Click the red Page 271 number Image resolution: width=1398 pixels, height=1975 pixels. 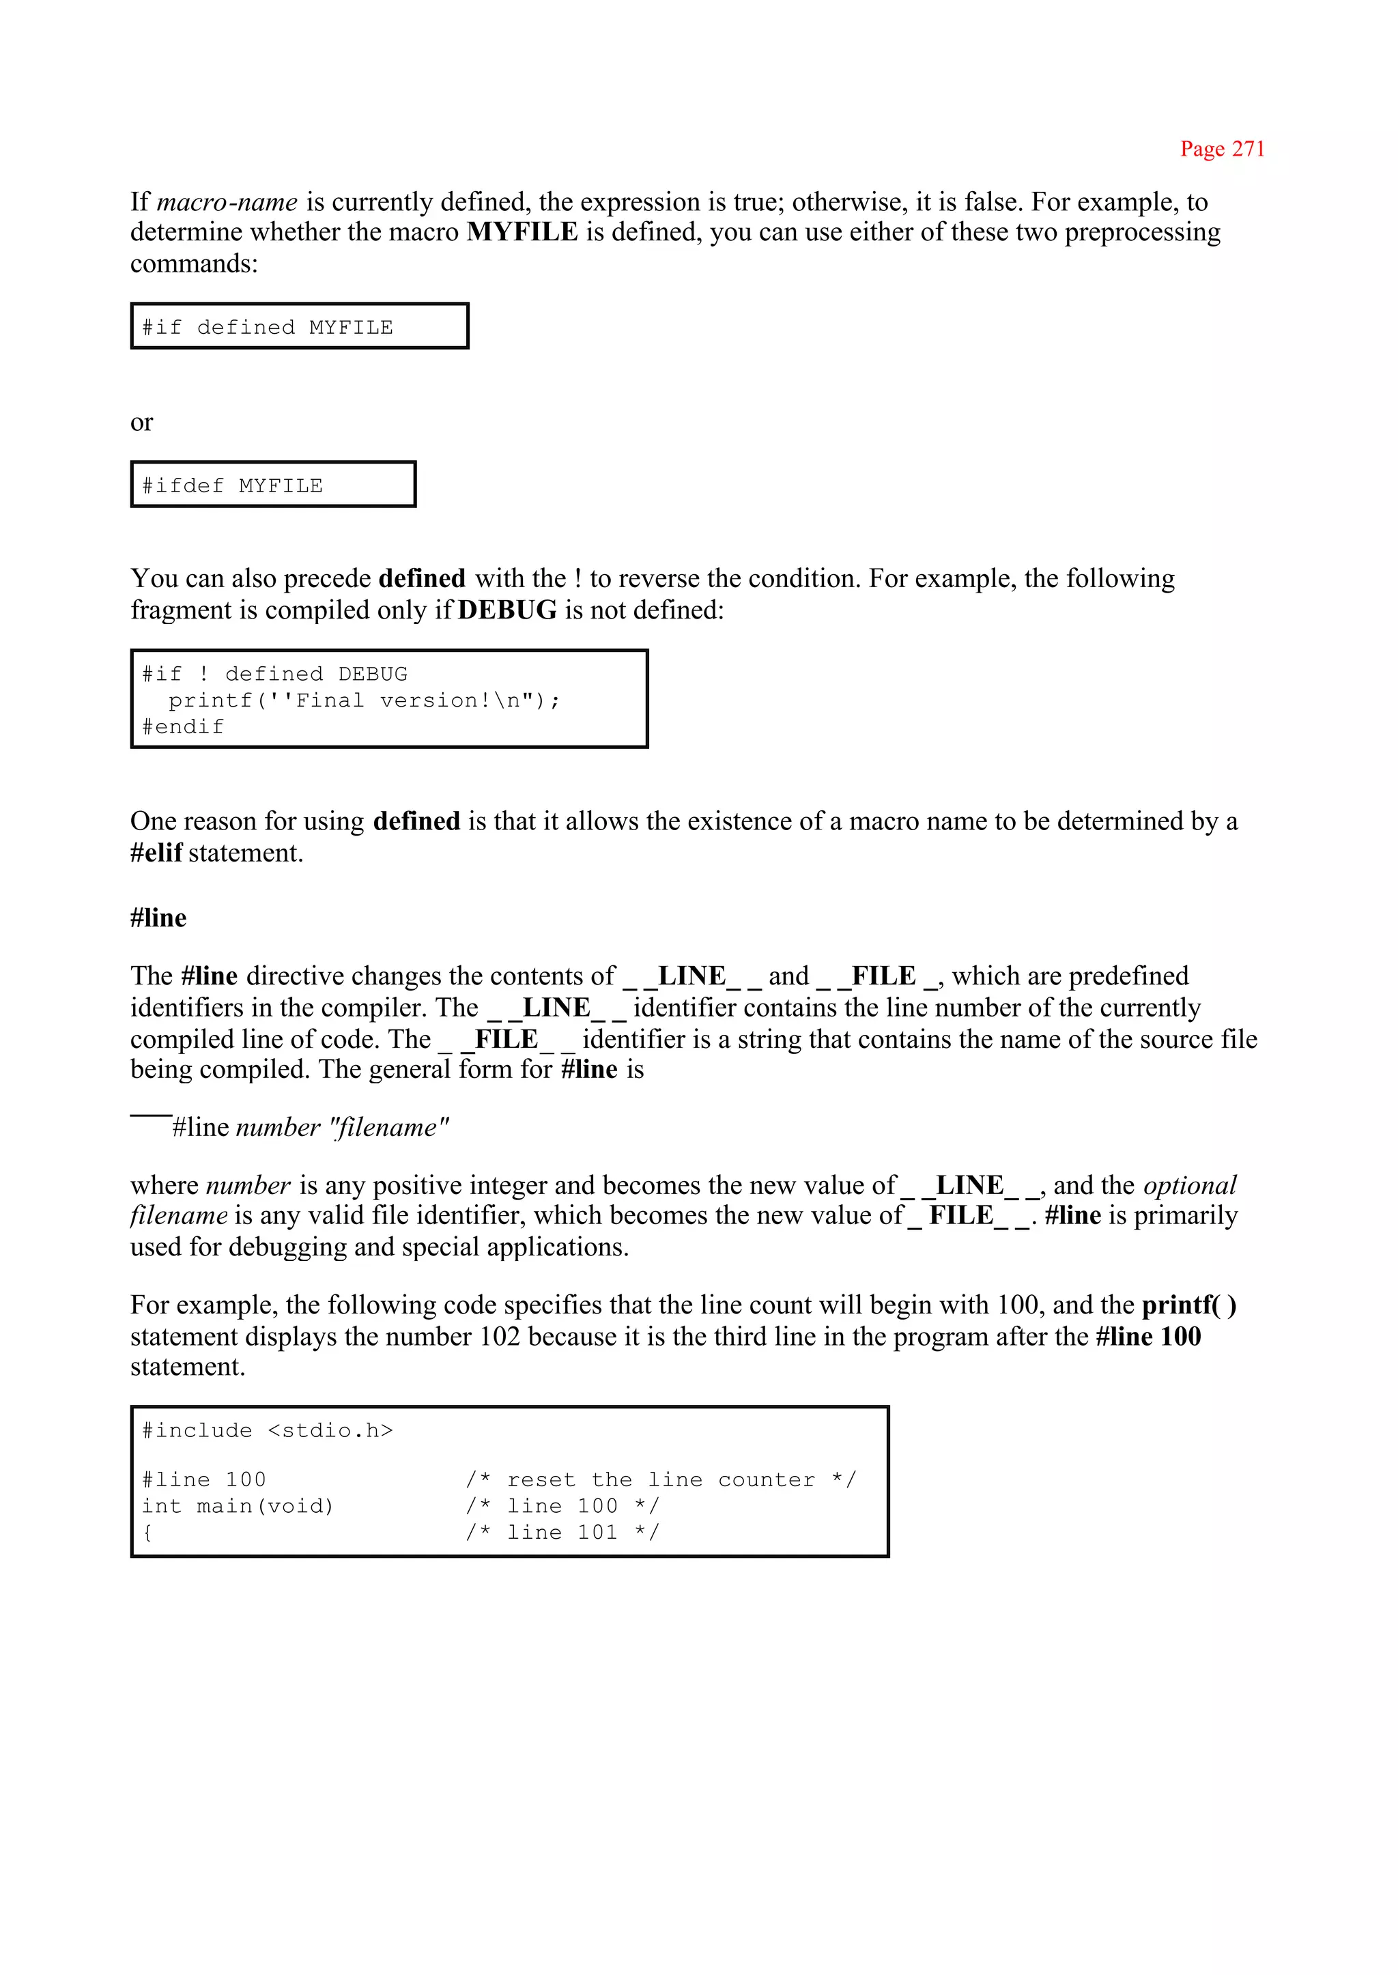[1221, 149]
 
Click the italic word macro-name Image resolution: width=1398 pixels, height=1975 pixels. [227, 202]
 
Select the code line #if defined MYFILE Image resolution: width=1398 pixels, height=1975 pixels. [267, 328]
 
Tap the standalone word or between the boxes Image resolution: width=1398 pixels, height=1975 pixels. [141, 423]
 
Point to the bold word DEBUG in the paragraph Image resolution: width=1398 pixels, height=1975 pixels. [507, 610]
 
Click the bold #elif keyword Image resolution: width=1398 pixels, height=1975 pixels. [156, 853]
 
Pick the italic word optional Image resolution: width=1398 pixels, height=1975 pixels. [1190, 1186]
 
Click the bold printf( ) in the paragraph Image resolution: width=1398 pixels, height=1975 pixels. [1189, 1305]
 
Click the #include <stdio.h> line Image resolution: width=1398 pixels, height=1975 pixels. [267, 1431]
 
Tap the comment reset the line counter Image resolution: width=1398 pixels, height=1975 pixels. [660, 1480]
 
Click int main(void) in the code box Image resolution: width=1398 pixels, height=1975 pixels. [238, 1507]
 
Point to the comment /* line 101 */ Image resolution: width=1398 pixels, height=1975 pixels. [562, 1533]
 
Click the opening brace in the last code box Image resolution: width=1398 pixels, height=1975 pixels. [148, 1533]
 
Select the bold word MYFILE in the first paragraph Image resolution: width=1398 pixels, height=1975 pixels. [522, 233]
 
